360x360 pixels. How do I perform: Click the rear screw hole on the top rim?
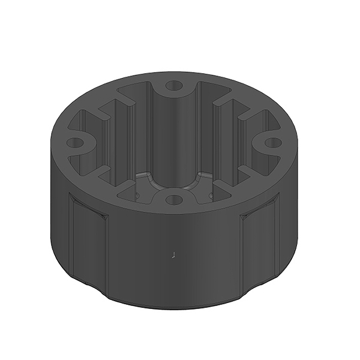(x=173, y=86)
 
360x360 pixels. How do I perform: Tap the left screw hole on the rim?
(x=74, y=143)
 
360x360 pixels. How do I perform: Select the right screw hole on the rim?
(x=272, y=143)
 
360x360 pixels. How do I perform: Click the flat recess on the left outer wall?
(x=88, y=240)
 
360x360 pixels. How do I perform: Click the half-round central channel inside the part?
(x=173, y=138)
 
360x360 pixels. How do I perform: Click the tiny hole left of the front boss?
(x=137, y=194)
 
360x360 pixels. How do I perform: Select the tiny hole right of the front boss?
(x=211, y=194)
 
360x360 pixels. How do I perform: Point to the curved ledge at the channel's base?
(x=173, y=179)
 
